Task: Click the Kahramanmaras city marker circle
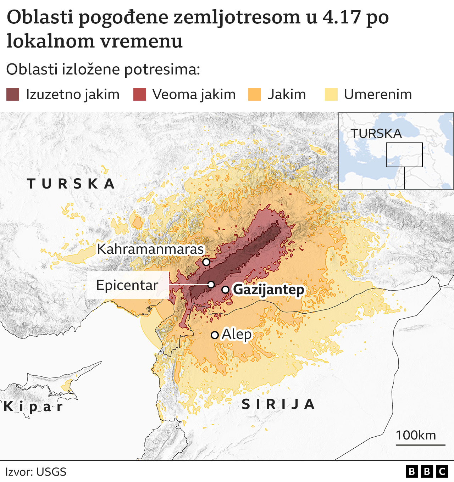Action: tap(206, 262)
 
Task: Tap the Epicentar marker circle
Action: tap(211, 285)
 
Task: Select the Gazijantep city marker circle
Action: tap(225, 290)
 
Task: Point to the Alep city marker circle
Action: tap(215, 335)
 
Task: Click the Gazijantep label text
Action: tap(268, 290)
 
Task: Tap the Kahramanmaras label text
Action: tap(150, 249)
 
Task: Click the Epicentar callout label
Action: tap(127, 285)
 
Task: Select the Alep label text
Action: tap(237, 334)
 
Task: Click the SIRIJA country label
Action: tap(278, 404)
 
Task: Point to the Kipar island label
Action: tap(33, 406)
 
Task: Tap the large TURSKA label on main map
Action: tap(71, 184)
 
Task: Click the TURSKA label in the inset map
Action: tap(376, 134)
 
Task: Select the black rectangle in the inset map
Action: tap(404, 155)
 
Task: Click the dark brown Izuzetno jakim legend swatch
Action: tap(13, 95)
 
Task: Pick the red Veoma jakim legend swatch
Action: tap(140, 95)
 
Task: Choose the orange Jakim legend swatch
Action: tap(255, 95)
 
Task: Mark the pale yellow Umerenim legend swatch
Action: tap(331, 95)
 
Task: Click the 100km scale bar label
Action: tap(416, 435)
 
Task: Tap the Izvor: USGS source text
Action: tap(36, 472)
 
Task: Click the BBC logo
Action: tap(427, 471)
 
